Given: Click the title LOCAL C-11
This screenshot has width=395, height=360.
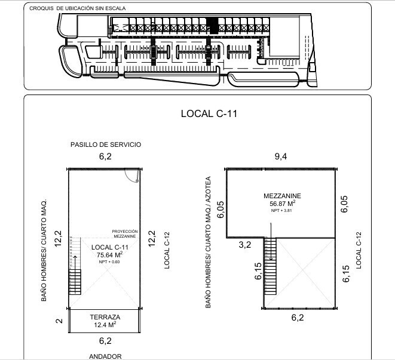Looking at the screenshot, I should pos(209,114).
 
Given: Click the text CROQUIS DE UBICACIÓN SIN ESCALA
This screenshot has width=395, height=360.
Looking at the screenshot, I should pos(67,9).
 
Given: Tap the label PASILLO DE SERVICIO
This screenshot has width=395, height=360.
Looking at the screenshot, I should pos(105,145).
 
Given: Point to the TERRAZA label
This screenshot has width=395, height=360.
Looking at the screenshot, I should pos(105,317).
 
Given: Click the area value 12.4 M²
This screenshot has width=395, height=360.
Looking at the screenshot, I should pos(105,325).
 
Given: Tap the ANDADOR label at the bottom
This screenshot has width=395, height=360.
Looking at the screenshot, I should pos(105,356).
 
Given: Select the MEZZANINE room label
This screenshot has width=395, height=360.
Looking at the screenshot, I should pos(281,196).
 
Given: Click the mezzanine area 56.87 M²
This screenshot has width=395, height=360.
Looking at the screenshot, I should pos(282,204).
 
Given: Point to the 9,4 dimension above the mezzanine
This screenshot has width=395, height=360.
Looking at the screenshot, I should pos(281,157).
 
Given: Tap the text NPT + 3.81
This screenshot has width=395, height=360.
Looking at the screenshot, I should pos(282,211).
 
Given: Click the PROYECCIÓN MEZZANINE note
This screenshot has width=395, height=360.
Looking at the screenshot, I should pos(124,233).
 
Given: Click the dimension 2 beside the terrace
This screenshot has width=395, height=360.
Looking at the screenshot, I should pos(59,321).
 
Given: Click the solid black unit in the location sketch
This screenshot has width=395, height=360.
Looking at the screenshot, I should pos(210,26).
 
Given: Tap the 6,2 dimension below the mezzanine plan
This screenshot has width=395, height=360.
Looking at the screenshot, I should pos(297,318).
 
